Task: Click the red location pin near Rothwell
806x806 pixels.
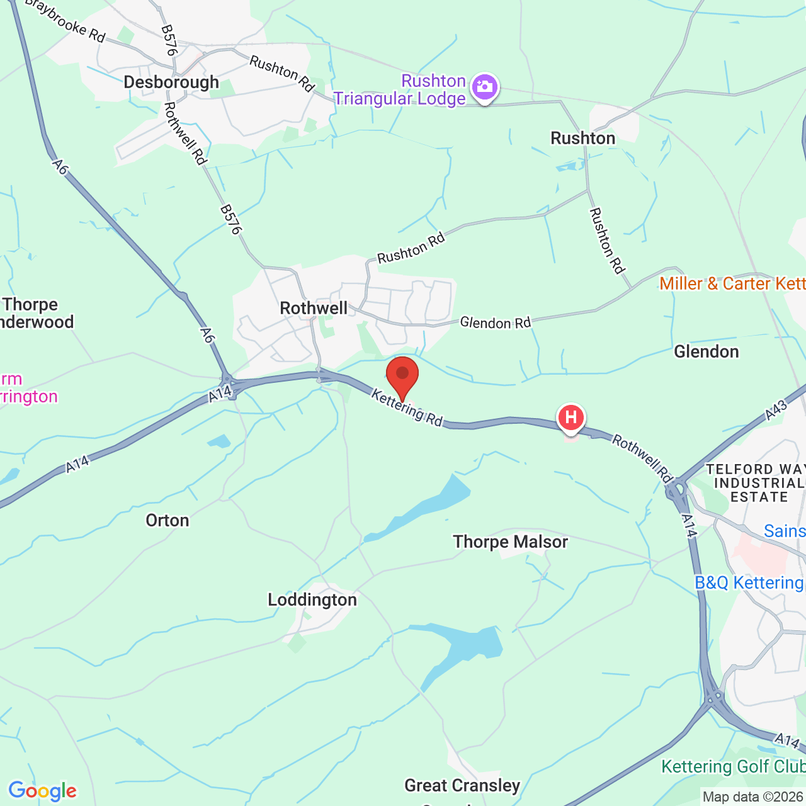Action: pyautogui.click(x=402, y=376)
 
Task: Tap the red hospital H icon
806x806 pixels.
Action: pyautogui.click(x=570, y=417)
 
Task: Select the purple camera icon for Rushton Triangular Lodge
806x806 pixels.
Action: pyautogui.click(x=484, y=88)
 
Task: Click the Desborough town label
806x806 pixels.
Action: pyautogui.click(x=171, y=82)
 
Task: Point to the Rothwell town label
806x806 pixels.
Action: pyautogui.click(x=314, y=308)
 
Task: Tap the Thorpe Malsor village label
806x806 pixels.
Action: pyautogui.click(x=510, y=542)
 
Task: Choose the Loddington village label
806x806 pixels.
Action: pyautogui.click(x=312, y=600)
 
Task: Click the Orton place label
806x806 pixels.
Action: pyautogui.click(x=167, y=520)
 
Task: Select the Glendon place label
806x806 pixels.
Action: pyautogui.click(x=707, y=351)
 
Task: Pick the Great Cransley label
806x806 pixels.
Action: pyautogui.click(x=462, y=785)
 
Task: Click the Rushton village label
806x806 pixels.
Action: pyautogui.click(x=583, y=138)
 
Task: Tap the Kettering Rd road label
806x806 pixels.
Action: pyautogui.click(x=407, y=407)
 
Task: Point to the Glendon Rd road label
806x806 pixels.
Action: pyautogui.click(x=496, y=322)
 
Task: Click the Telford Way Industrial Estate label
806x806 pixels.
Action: pyautogui.click(x=756, y=483)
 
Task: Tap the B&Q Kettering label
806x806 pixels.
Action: pyautogui.click(x=749, y=582)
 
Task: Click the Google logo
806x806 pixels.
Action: pyautogui.click(x=42, y=791)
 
